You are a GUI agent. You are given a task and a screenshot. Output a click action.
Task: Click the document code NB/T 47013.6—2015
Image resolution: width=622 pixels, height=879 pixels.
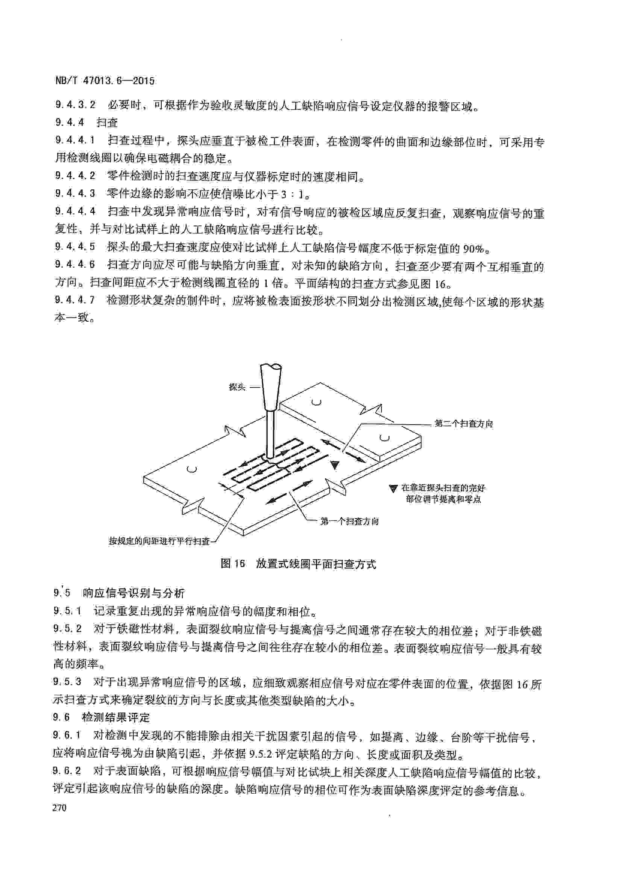(105, 81)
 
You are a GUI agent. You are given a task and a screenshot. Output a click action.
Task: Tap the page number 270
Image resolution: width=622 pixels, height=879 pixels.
(60, 808)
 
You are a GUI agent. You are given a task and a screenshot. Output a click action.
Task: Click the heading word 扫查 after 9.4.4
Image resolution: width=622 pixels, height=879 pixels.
(107, 123)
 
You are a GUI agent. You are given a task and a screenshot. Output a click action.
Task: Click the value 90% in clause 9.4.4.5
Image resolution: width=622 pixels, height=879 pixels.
(474, 249)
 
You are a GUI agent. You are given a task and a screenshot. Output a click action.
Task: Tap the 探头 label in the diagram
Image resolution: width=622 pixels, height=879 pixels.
(237, 387)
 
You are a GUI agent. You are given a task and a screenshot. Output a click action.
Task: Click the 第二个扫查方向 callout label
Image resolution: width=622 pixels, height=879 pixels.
(463, 424)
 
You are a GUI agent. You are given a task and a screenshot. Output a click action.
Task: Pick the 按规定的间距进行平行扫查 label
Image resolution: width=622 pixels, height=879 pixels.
(159, 541)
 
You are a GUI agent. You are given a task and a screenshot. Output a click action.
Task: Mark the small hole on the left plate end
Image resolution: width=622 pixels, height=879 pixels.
(192, 469)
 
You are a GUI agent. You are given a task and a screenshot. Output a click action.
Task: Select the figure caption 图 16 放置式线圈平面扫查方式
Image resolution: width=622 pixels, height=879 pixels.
(299, 564)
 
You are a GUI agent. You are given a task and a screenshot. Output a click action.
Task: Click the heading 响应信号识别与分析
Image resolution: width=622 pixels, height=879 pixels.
(134, 593)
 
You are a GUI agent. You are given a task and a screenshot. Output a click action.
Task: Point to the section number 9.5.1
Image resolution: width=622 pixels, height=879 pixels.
(67, 611)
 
